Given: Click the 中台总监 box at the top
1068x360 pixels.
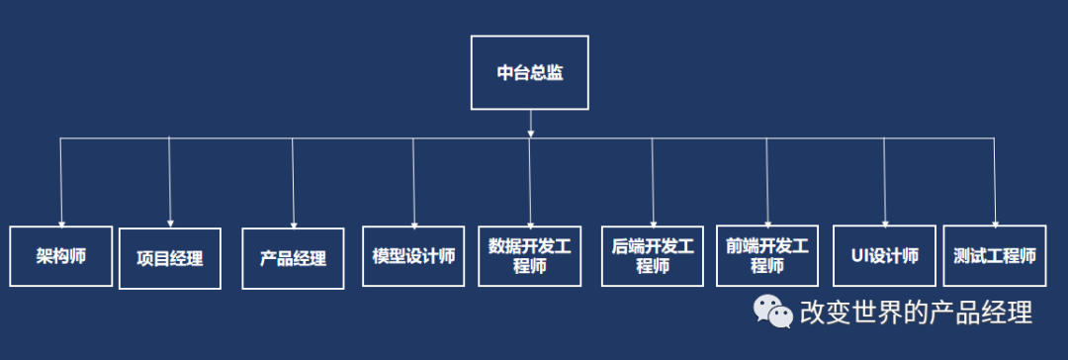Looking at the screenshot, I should coord(529,72).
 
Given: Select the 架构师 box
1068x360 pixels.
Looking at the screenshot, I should coord(61,256).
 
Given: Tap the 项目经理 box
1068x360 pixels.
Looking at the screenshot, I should coord(169,259).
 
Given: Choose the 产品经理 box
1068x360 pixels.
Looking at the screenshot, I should coord(293,259).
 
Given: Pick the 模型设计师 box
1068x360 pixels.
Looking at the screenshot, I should coord(413,256).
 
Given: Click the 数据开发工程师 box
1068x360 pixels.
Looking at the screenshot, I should coord(530,256).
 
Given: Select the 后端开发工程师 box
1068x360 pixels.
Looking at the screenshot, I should coord(653,256).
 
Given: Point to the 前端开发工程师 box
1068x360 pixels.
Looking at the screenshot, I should coord(766,256).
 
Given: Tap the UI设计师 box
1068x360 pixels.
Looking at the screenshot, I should coord(884,256).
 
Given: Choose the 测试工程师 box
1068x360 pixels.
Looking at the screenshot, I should coord(995,256).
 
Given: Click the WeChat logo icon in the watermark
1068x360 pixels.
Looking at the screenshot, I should coord(773,313).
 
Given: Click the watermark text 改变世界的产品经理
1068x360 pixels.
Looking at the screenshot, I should coord(916,314).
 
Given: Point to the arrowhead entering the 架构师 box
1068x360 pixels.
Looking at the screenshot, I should coord(61,224).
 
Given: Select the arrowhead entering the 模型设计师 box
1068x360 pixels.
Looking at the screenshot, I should coord(414,224).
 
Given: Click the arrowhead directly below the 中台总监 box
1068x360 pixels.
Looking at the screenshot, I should coord(531,133).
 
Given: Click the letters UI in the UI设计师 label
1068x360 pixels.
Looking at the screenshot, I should coord(858,256).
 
